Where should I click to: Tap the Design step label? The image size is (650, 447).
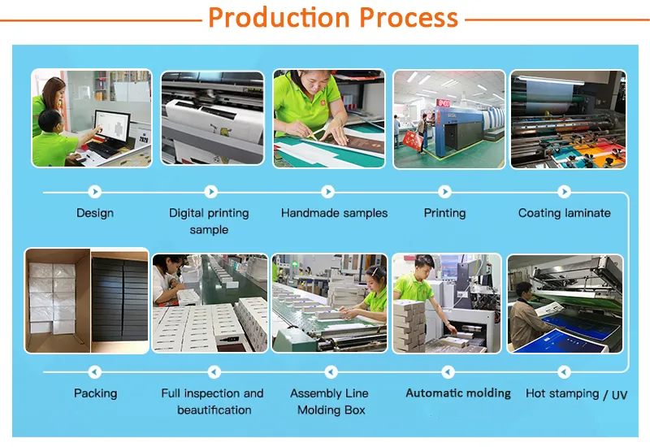pos(95,213)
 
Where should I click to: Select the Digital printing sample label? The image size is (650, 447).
pos(209,221)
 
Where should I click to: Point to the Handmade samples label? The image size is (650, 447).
pos(334,213)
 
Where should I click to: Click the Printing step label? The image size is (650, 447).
pos(444,213)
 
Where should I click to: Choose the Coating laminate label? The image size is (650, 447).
pos(564,213)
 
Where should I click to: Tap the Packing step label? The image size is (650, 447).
pos(95,393)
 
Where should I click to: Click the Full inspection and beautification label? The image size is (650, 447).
pos(212,401)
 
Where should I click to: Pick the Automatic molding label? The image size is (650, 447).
pos(458,393)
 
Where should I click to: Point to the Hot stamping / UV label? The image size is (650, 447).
pos(576,394)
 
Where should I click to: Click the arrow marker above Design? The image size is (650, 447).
pos(95,192)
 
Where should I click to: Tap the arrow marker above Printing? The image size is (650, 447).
pos(444,192)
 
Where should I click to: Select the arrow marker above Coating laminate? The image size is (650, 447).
pos(564,192)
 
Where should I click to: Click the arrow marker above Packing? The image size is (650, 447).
pos(95,372)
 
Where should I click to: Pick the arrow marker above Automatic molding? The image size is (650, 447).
pos(447,372)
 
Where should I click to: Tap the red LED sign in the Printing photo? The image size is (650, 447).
pos(444,104)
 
